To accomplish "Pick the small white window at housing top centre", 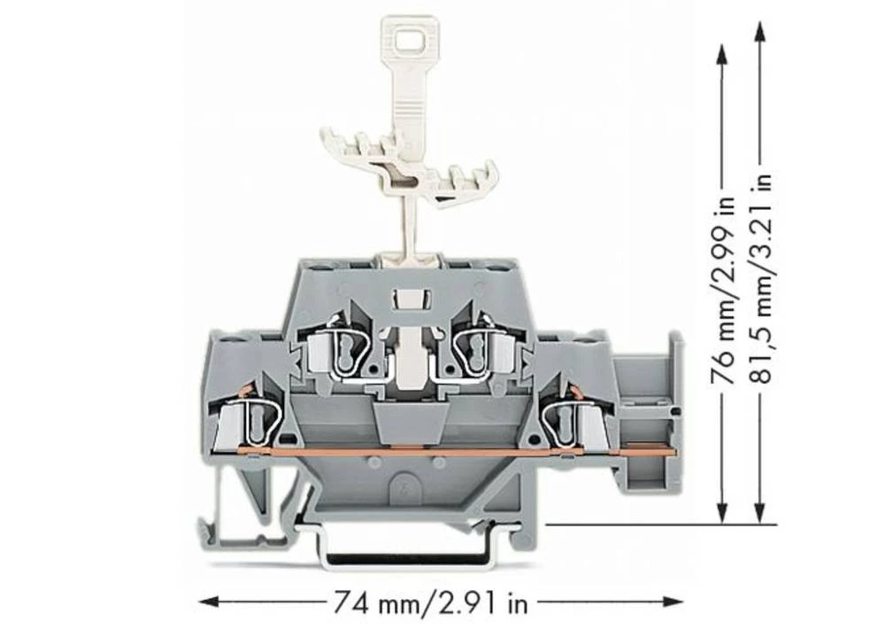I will [409, 300].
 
